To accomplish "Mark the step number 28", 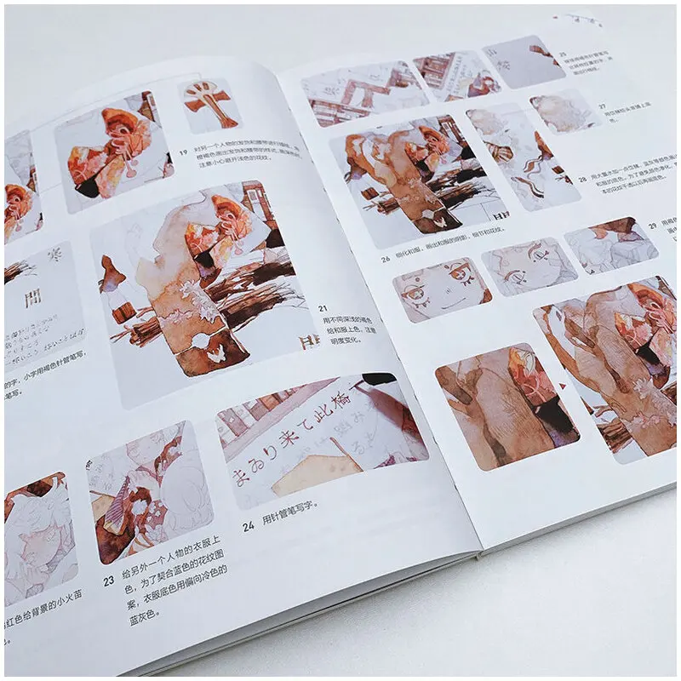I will [582, 180].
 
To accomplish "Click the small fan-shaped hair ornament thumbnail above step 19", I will [208, 105].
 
